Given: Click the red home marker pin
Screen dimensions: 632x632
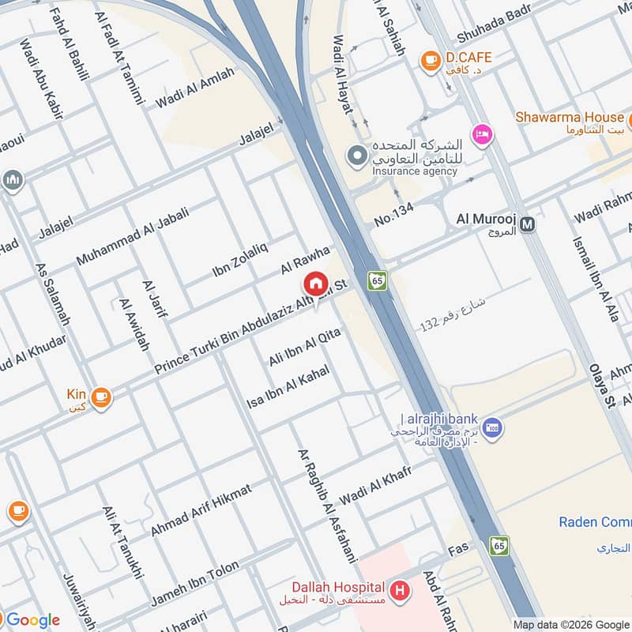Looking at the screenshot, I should [315, 283].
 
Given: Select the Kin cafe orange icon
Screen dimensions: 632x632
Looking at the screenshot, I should [100, 397].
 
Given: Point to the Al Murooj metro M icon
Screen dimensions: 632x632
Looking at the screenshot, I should [528, 224].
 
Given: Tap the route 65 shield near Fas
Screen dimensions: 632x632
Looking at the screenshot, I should [498, 545].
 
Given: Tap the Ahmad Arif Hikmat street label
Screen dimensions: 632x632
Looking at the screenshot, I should [201, 510].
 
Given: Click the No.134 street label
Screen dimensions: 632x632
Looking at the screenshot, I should [394, 217].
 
